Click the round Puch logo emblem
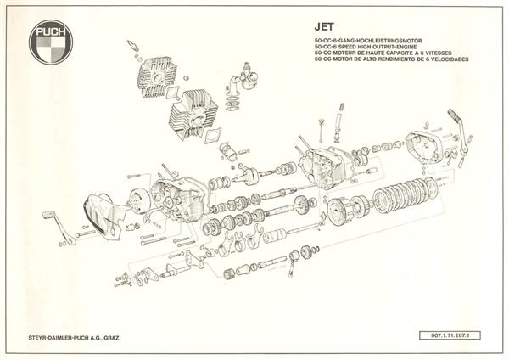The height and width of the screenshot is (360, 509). (x=53, y=41)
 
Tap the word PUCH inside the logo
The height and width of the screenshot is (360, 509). (x=53, y=29)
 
